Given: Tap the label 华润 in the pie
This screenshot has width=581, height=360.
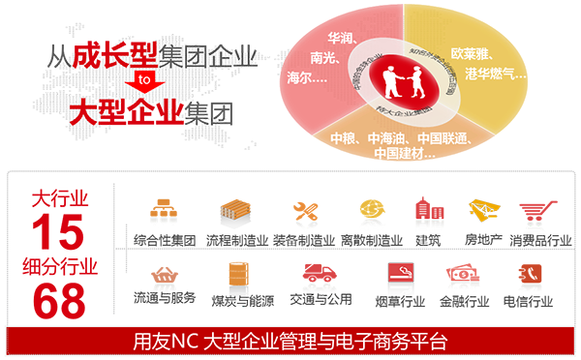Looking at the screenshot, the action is pos(341,40).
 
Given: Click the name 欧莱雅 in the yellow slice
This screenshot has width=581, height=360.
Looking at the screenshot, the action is pos(474,55).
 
